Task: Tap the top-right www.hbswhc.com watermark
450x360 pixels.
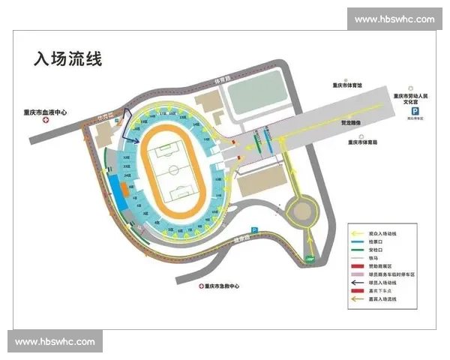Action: (394, 19)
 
